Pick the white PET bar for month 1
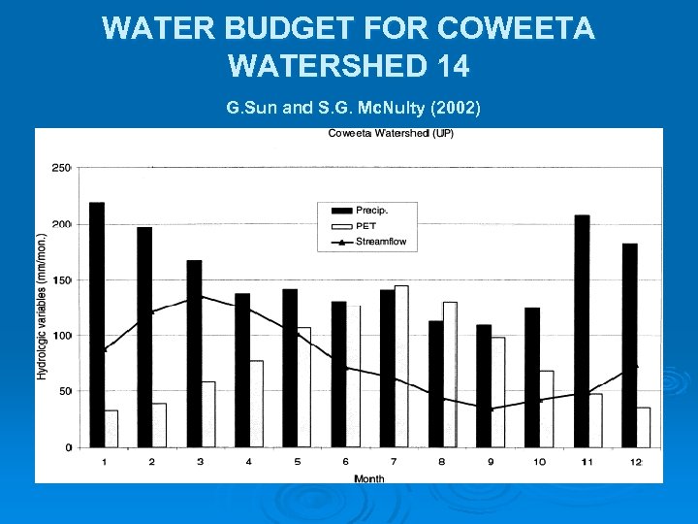[111, 429]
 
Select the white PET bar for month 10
[547, 409]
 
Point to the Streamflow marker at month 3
[201, 296]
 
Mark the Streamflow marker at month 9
[492, 409]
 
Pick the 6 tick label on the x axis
[346, 462]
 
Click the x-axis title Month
[368, 477]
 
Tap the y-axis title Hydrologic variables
[42, 306]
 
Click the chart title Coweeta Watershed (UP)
[390, 133]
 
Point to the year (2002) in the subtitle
[450, 108]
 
